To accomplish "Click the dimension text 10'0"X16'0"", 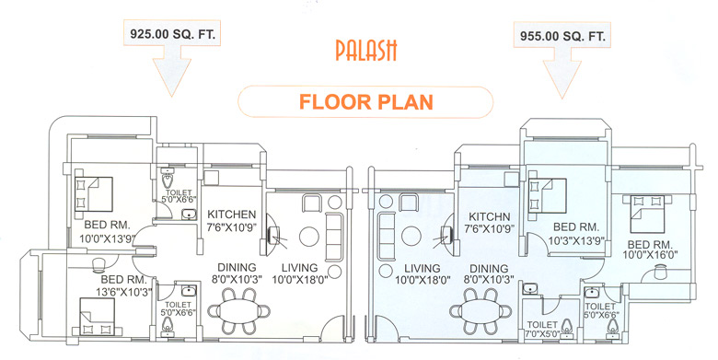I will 654,258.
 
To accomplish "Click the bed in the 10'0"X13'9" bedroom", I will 93,192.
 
